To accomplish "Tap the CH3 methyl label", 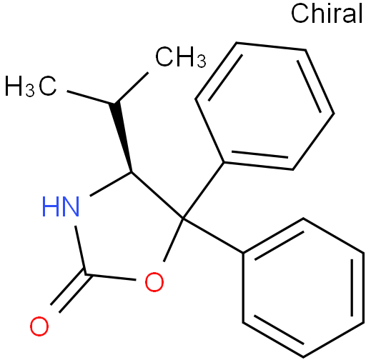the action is pyautogui.click(x=181, y=57).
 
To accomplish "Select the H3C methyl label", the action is pyautogui.click(x=31, y=86).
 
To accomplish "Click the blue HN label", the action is pyautogui.click(x=61, y=206).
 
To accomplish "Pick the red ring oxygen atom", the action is pyautogui.click(x=154, y=282).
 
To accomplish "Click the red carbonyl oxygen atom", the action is pyautogui.click(x=39, y=326).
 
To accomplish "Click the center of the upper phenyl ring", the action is pyautogui.click(x=264, y=106).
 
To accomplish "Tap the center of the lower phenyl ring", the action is pyautogui.click(x=303, y=288).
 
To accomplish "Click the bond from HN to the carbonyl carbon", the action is pyautogui.click(x=80, y=250).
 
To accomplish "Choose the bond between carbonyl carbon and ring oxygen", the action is pyautogui.click(x=111, y=277).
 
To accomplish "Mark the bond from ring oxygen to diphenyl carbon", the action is pyautogui.click(x=173, y=239).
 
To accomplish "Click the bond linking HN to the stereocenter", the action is pyautogui.click(x=110, y=184).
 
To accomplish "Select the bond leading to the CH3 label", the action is pyautogui.click(x=132, y=88).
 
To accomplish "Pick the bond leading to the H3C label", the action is pyautogui.click(x=91, y=97).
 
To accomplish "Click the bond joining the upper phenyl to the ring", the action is pyautogui.click(x=203, y=190).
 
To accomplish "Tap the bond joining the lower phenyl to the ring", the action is pyautogui.click(x=213, y=235).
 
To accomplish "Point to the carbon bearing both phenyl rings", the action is pyautogui.click(x=183, y=218).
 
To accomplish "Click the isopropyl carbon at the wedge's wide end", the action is pyautogui.click(x=114, y=104).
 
